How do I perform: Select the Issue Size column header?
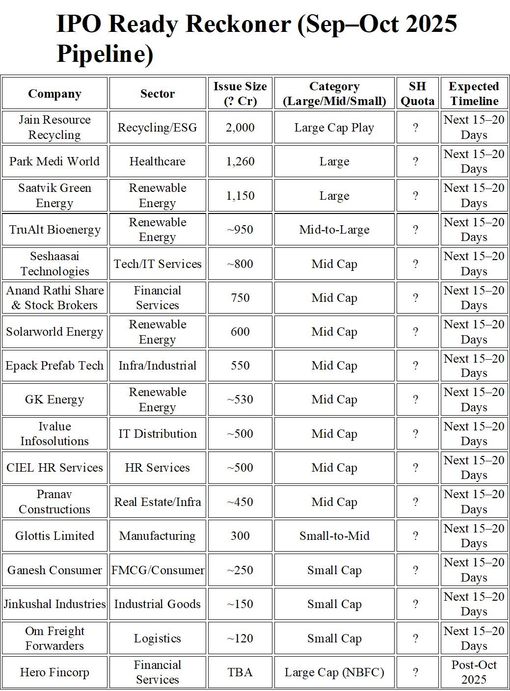[240, 93]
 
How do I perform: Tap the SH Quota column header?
[417, 93]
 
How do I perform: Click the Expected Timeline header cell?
[474, 93]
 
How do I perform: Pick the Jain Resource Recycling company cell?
[54, 127]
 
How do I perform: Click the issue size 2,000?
[240, 128]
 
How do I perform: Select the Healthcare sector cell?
[157, 161]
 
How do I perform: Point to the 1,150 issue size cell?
[240, 196]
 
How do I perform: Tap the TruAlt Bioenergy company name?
[54, 230]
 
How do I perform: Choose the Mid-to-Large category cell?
[334, 230]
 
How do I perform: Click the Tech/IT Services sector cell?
[157, 264]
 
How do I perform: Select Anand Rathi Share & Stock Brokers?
[54, 298]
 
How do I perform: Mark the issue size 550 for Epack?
[240, 366]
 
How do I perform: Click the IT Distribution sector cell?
[157, 434]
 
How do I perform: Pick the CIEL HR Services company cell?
[54, 468]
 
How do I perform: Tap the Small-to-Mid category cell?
[334, 536]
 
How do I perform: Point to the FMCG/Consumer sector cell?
[157, 570]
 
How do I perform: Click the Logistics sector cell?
[157, 638]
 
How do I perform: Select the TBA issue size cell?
[240, 672]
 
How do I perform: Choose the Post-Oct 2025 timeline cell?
[474, 672]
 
